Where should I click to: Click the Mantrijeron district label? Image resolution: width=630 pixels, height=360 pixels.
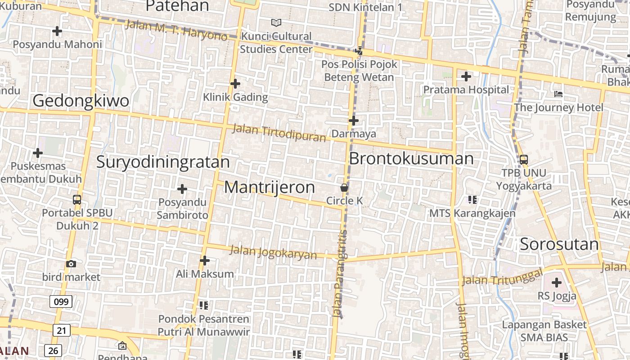[x=269, y=187]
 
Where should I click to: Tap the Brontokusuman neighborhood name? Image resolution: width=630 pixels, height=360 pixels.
[x=411, y=159]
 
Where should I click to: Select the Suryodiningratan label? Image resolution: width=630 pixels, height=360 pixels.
[x=163, y=162]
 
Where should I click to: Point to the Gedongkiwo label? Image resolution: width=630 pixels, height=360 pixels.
[x=81, y=101]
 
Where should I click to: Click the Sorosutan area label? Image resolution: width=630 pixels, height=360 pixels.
[x=559, y=244]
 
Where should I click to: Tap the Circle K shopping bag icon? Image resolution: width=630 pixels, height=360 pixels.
[x=344, y=188]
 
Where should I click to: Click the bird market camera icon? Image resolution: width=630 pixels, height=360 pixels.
[x=71, y=264]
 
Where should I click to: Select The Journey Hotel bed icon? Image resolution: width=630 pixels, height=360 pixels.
[x=558, y=94]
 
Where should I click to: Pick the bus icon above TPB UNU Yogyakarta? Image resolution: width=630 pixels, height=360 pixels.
[x=523, y=159]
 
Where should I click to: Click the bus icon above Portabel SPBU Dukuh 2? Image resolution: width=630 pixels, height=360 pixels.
[x=77, y=199]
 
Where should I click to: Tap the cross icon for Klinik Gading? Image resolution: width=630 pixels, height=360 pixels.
[x=235, y=84]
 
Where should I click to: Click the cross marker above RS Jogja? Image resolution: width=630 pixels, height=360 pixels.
[x=557, y=283]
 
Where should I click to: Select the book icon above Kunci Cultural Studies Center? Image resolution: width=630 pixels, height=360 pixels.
[x=276, y=22]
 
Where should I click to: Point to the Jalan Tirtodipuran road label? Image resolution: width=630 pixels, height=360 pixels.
[x=279, y=133]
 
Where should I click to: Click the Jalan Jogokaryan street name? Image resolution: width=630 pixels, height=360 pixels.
[x=273, y=252]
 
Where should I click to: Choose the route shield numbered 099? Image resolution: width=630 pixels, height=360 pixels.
[x=60, y=301]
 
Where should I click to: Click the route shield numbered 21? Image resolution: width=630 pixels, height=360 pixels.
[x=62, y=330]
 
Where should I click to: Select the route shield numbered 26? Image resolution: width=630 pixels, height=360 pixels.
[x=53, y=350]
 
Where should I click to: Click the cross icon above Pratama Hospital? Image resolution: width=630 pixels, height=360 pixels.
[x=466, y=76]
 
